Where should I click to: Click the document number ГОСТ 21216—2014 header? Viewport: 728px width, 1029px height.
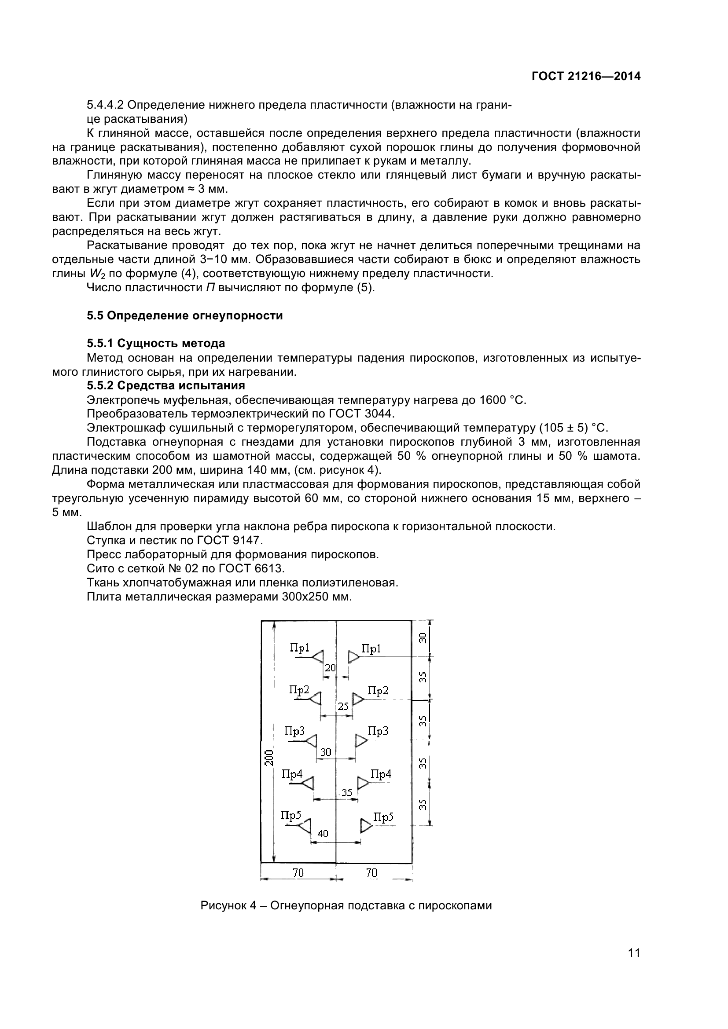tap(586, 76)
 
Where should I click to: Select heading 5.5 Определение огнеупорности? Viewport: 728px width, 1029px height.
tap(185, 315)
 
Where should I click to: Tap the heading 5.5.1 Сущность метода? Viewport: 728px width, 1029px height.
tap(155, 343)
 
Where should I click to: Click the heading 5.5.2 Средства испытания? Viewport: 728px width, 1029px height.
tap(165, 385)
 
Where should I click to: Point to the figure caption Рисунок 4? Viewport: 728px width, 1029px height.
tap(346, 905)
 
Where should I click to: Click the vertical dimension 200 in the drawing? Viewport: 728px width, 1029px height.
tap(268, 757)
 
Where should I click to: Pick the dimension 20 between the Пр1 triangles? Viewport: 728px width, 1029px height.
tap(330, 668)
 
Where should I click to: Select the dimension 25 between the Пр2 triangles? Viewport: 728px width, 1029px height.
tap(342, 707)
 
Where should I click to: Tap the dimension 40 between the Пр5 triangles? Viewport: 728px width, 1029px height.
tap(323, 834)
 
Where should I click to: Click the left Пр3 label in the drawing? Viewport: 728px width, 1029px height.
tap(294, 731)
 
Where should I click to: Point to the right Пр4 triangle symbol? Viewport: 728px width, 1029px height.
tap(363, 783)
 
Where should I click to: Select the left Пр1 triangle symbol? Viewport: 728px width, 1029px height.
tap(318, 657)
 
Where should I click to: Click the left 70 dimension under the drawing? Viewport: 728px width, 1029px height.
tap(298, 872)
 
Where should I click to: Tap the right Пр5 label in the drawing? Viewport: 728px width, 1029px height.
tap(383, 817)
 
